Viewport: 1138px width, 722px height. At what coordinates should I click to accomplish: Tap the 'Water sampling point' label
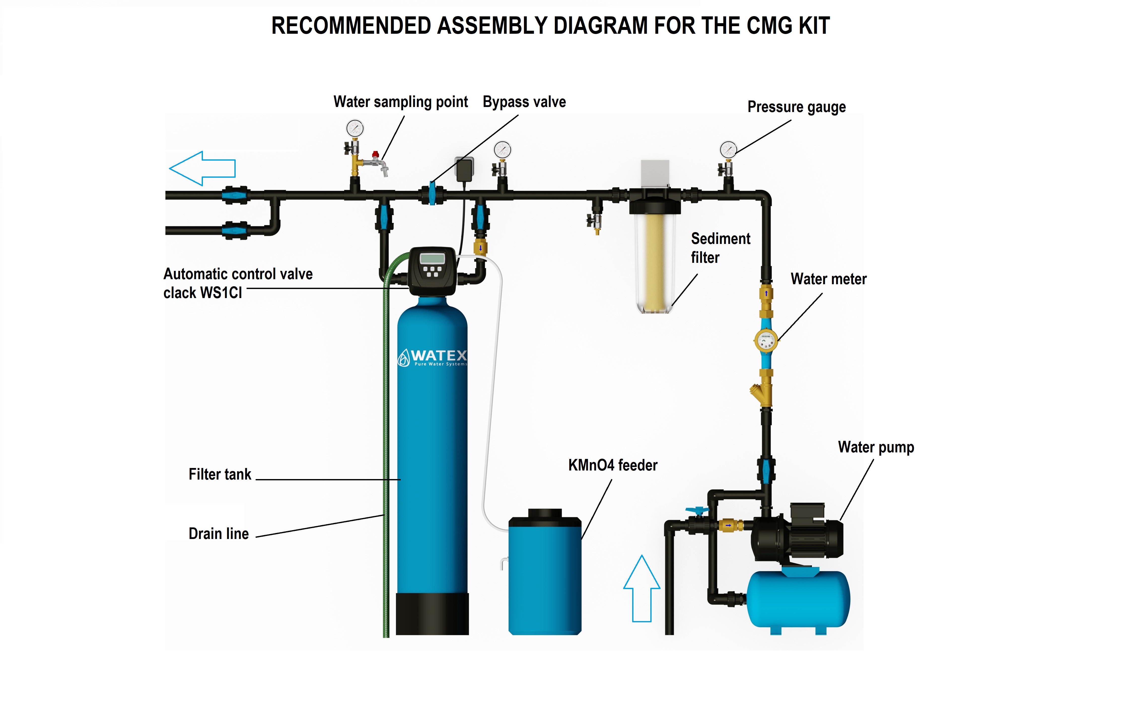[x=400, y=102]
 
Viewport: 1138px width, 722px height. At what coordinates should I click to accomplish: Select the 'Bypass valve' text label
[x=524, y=102]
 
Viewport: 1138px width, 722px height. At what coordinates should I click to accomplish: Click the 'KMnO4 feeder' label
[x=613, y=465]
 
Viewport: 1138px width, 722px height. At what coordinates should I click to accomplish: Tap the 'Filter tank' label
[x=220, y=474]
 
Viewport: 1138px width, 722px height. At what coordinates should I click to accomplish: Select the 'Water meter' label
[x=829, y=279]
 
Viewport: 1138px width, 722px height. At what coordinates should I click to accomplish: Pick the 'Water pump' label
[x=876, y=447]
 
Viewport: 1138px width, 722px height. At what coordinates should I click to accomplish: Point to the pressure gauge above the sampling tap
[x=355, y=128]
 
